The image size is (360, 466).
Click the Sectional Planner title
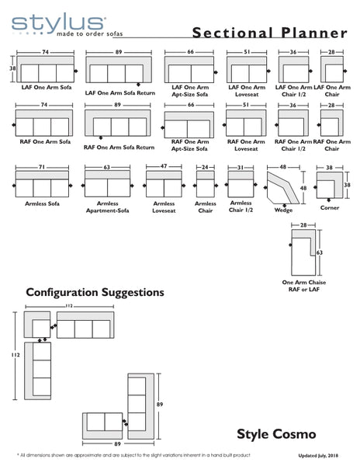tap(268, 33)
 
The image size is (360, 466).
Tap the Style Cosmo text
tap(275, 433)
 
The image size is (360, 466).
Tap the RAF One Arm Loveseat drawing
tap(244, 124)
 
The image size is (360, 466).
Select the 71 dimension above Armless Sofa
tap(41, 166)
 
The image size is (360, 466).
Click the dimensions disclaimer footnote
tap(134, 455)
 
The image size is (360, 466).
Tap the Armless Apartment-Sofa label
tap(107, 207)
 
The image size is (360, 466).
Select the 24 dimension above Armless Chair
tap(205, 166)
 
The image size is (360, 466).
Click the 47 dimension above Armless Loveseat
tap(164, 166)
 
